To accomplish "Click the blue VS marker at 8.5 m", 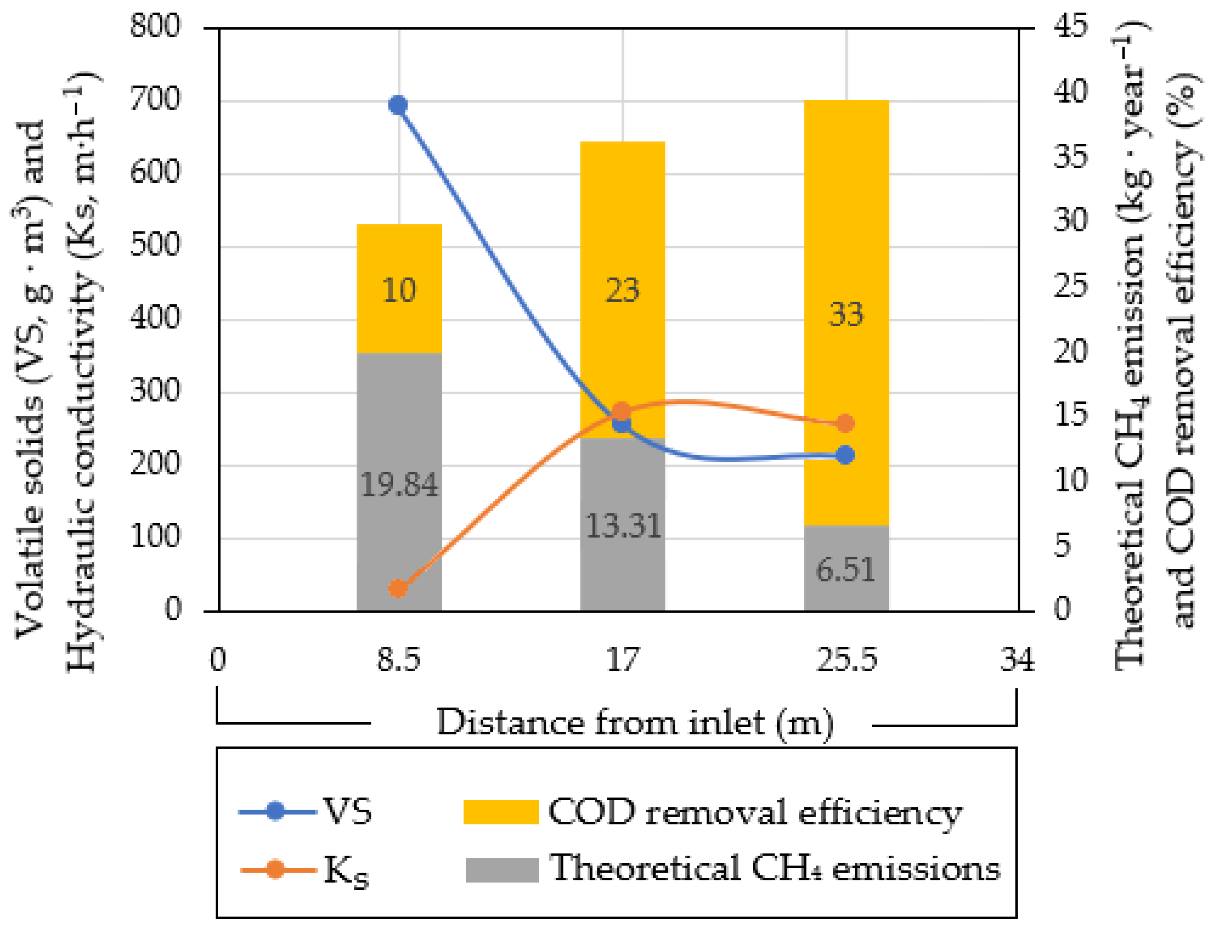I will (x=398, y=105).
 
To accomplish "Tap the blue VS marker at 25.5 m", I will (x=845, y=455).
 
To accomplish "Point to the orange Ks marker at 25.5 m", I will (x=845, y=424).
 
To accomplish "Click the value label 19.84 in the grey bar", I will (x=399, y=485).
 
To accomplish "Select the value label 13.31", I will (x=623, y=526).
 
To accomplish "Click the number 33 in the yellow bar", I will (x=846, y=314).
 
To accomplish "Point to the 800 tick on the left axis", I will (x=155, y=26).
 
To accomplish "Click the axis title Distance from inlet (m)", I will (x=635, y=723).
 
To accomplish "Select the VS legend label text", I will (x=347, y=812).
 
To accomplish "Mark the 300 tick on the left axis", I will (x=155, y=391).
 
